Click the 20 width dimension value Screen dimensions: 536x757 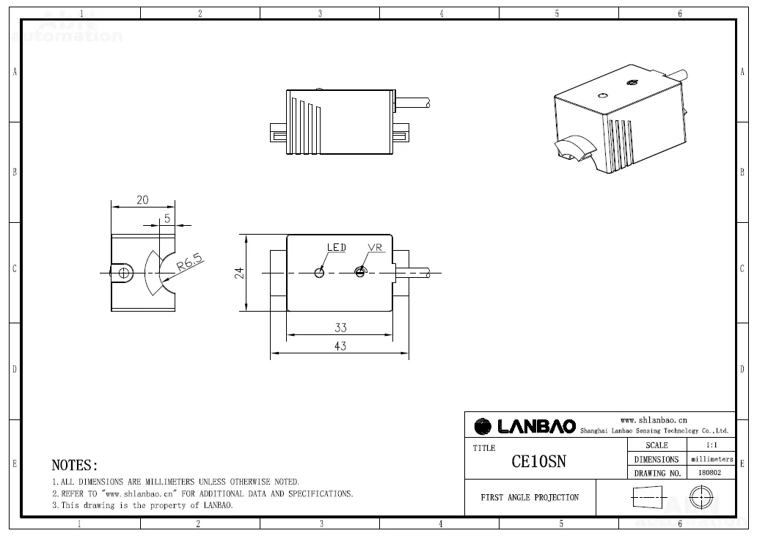[142, 200]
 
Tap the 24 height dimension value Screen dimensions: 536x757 [239, 273]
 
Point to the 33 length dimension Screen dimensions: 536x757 [340, 328]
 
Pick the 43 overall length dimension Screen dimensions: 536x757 [340, 346]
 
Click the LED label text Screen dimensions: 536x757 [336, 248]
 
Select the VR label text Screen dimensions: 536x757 [375, 248]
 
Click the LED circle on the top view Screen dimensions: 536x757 [319, 273]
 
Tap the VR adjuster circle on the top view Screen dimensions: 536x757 [359, 273]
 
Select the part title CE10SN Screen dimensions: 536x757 [538, 461]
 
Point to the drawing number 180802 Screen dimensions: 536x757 [709, 473]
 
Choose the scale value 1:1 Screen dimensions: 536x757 [710, 445]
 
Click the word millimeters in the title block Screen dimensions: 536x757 [712, 459]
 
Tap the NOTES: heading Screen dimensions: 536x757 [74, 466]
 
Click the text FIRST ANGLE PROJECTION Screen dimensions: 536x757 [530, 498]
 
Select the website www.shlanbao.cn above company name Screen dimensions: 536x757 [653, 419]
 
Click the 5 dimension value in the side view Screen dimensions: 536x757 [167, 219]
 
